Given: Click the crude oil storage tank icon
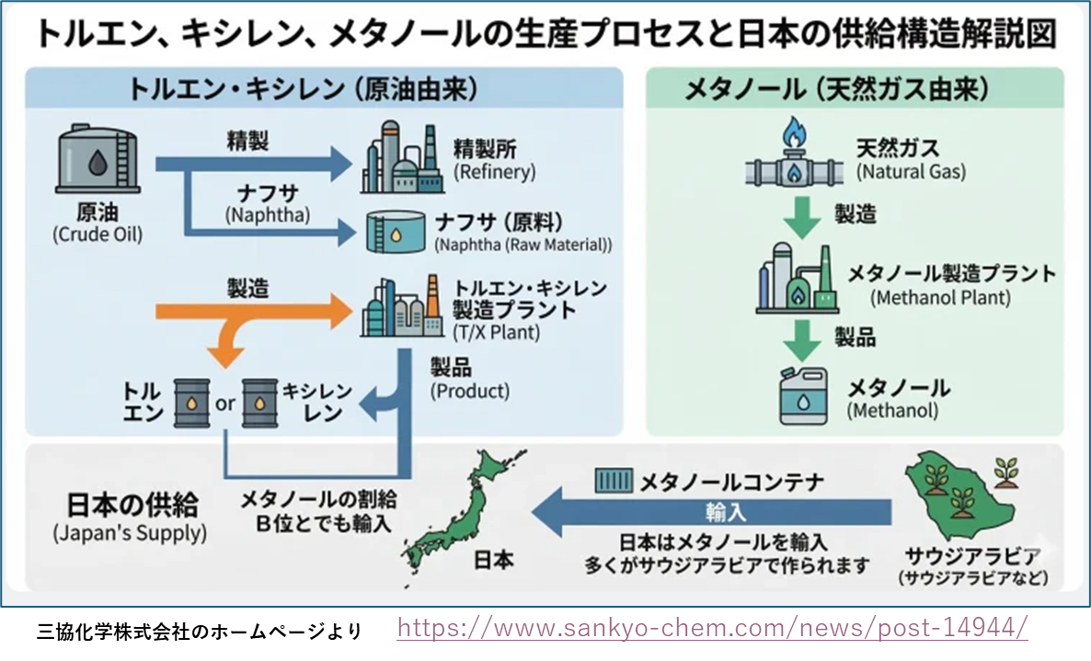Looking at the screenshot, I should (96, 161).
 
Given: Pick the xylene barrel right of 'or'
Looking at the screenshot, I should (259, 402).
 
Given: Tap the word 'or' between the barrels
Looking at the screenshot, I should (225, 404).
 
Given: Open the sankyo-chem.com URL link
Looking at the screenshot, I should (712, 628).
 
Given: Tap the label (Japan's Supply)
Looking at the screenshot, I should (130, 532).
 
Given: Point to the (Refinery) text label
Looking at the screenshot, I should (494, 172).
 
